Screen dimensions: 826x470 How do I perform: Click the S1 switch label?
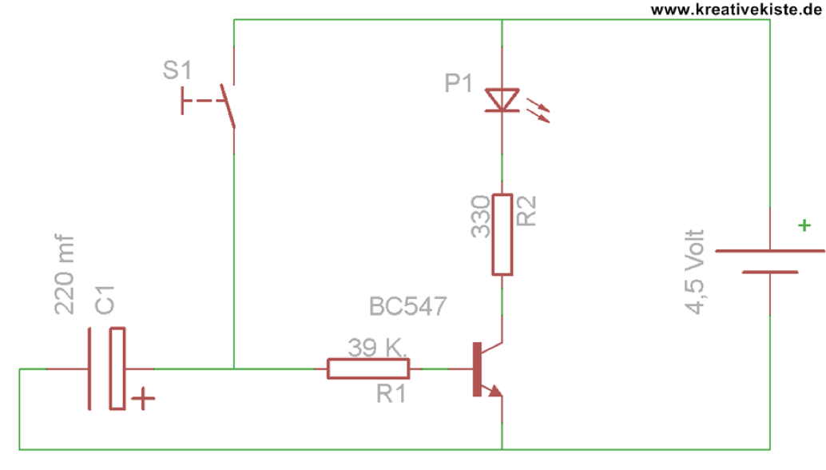click(177, 70)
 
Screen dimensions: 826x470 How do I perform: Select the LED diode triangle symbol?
click(502, 100)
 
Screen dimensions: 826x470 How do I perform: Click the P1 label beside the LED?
click(458, 83)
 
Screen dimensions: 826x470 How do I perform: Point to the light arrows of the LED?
click(538, 110)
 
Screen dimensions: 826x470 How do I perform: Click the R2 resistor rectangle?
click(502, 234)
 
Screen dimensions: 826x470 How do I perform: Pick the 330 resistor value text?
click(480, 217)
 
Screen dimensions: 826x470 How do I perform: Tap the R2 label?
click(526, 211)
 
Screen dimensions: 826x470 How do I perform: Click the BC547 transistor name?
click(407, 306)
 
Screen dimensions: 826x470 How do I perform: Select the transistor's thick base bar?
click(477, 368)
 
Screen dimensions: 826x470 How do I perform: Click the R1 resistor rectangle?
click(368, 368)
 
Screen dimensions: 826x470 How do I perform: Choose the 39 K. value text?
click(377, 348)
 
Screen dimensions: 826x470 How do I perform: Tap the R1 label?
click(391, 394)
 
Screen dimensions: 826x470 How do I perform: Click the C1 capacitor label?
click(105, 301)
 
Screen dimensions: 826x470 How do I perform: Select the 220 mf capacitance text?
click(64, 274)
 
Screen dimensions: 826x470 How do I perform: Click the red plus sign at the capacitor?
click(143, 399)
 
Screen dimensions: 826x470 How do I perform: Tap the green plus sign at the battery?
click(804, 225)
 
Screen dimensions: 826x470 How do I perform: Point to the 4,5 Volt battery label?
click(694, 272)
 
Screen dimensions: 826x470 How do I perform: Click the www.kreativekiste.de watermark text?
click(736, 10)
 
